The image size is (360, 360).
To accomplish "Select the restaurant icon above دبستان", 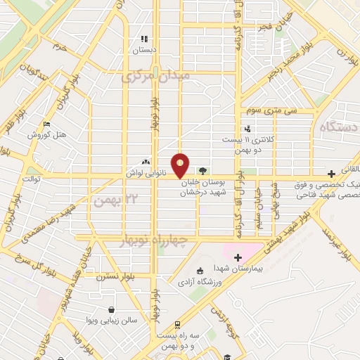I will [x=144, y=39].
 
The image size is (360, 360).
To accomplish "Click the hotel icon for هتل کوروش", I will [x=46, y=124].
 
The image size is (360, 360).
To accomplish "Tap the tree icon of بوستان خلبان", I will [x=202, y=170].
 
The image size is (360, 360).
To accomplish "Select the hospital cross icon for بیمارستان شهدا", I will [x=238, y=257].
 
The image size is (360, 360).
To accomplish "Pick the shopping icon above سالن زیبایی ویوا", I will [x=111, y=309].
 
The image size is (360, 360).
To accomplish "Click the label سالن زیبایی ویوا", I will [x=112, y=320].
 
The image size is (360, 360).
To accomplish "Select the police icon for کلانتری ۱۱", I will [x=247, y=129].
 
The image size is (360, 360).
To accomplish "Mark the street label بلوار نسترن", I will [x=116, y=276].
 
